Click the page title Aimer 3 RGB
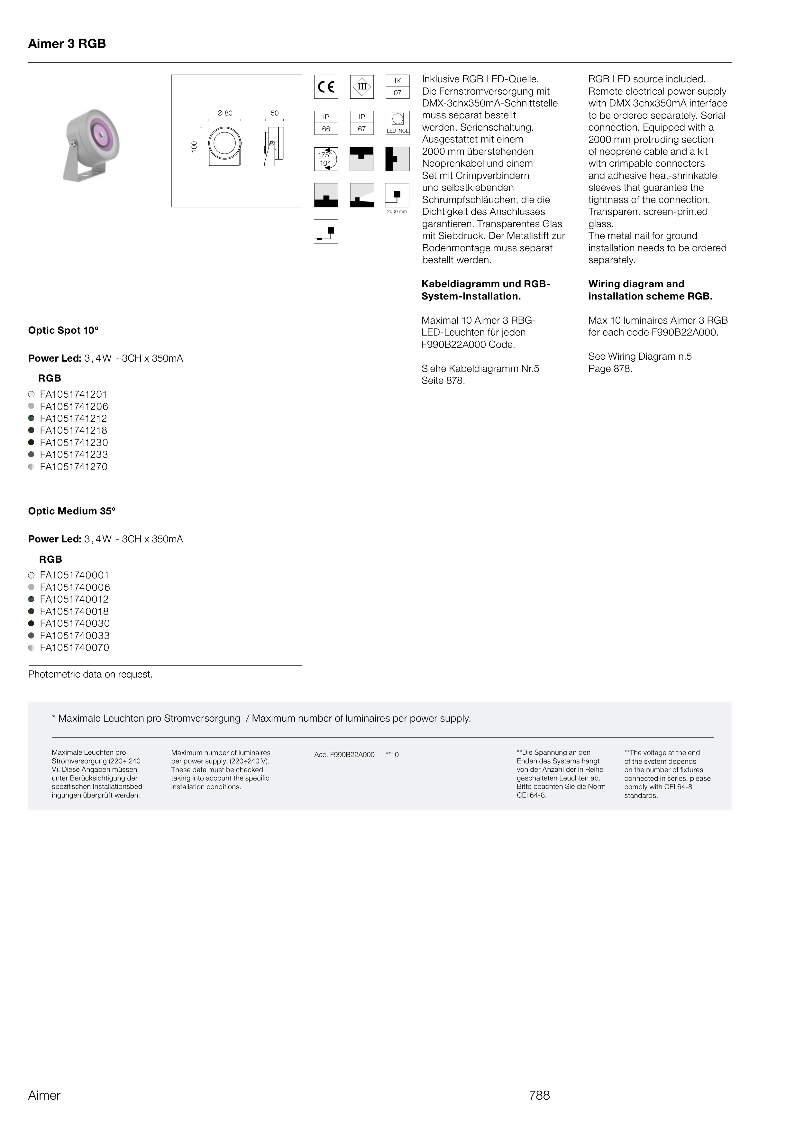(x=67, y=44)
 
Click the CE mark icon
(x=326, y=87)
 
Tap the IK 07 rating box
(x=397, y=87)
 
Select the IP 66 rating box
(x=326, y=123)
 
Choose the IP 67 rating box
(x=362, y=123)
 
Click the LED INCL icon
(x=397, y=123)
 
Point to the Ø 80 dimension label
(x=225, y=113)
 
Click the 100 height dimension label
(x=194, y=147)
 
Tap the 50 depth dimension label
(x=275, y=113)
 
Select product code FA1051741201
(x=73, y=395)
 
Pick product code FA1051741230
(x=74, y=443)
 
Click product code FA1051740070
(x=74, y=648)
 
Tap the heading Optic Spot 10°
(x=63, y=330)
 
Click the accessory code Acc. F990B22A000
(x=344, y=755)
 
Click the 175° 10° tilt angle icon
(x=326, y=159)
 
